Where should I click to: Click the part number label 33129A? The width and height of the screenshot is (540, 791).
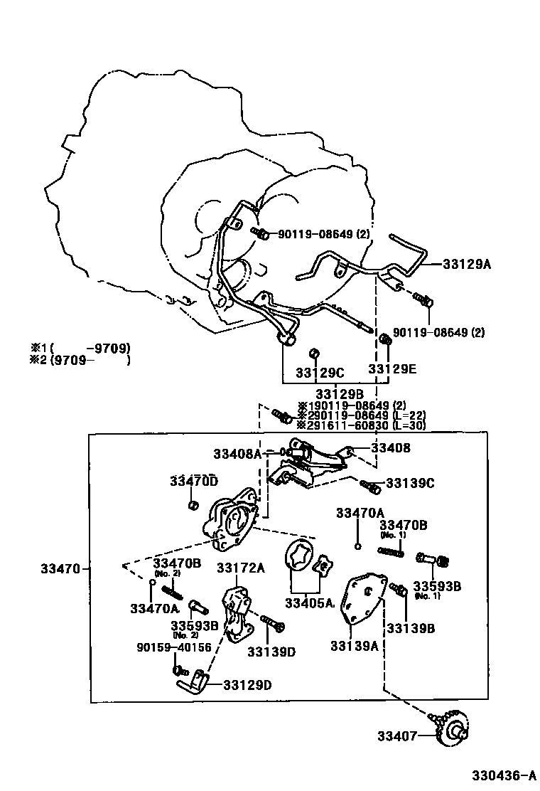tap(467, 265)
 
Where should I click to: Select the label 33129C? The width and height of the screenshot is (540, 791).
tap(320, 373)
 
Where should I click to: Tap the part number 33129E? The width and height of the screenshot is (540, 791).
tap(392, 369)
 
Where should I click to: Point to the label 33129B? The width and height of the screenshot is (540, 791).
tap(340, 393)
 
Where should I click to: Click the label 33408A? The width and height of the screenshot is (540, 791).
tap(237, 453)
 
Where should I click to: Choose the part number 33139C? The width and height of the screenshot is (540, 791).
tap(410, 483)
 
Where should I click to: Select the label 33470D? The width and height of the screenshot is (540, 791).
tap(193, 482)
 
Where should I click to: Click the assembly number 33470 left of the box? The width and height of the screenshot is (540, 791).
tap(60, 568)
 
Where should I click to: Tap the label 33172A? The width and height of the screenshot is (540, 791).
tap(240, 568)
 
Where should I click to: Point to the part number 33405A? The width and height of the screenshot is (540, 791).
tap(309, 603)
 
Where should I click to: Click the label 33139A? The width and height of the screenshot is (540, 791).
tap(354, 646)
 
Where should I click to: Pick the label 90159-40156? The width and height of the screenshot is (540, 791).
tap(173, 647)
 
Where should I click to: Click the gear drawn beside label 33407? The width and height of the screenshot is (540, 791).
tap(448, 733)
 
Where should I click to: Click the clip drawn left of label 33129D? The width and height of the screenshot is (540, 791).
tap(191, 684)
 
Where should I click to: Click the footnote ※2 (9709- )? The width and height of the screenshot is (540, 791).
tap(80, 360)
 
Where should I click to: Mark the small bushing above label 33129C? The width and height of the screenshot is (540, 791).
tap(313, 354)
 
